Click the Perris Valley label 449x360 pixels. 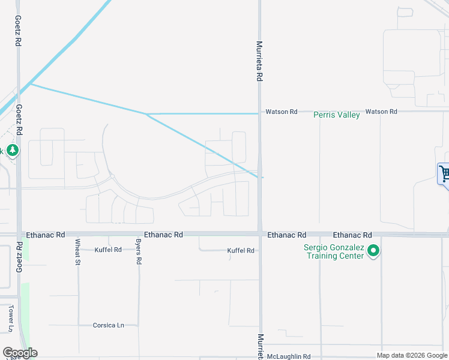(x=337, y=115)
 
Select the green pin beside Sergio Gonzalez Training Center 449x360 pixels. (x=373, y=251)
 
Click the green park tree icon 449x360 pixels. (x=13, y=150)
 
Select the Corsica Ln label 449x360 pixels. (x=108, y=325)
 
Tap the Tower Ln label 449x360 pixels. (x=11, y=318)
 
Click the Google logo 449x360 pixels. (x=20, y=353)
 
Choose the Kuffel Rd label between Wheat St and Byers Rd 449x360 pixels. (x=108, y=250)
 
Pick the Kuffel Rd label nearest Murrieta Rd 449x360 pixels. (x=241, y=251)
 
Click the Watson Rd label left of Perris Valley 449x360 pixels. (x=282, y=112)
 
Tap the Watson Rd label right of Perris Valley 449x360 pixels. (x=381, y=112)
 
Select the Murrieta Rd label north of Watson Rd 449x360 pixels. (x=260, y=61)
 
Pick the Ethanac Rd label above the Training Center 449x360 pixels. (x=352, y=235)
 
